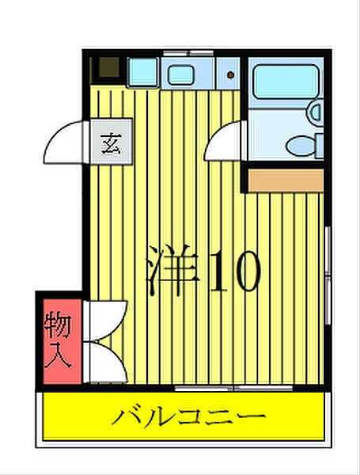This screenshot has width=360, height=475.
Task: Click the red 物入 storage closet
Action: (x=59, y=340)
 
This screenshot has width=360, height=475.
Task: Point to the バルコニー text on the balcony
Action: (x=187, y=416)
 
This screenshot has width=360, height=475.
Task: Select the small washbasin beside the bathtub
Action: (x=315, y=112)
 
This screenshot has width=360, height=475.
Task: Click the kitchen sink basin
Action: (x=181, y=76)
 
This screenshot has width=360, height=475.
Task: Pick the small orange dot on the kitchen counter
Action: (x=230, y=76)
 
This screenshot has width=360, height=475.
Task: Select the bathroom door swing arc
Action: (x=225, y=143)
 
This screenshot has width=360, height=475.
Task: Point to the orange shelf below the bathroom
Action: (x=286, y=180)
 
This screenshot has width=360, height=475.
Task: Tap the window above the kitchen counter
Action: (x=188, y=53)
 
